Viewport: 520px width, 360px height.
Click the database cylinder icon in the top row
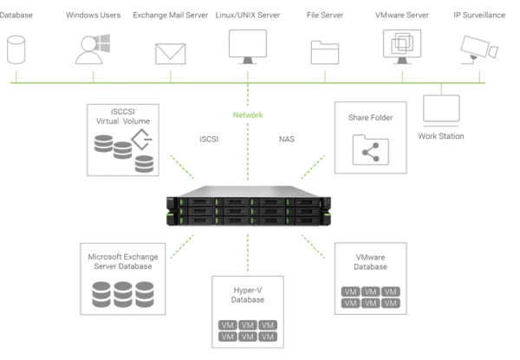point(15,49)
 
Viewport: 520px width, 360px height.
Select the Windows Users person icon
point(91,49)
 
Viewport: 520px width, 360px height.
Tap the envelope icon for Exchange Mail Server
point(171,54)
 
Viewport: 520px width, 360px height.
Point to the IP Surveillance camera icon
point(476,48)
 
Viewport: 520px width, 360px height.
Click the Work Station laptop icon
point(440,112)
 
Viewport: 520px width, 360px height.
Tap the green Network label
point(247,115)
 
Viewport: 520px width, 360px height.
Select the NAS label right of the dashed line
point(286,138)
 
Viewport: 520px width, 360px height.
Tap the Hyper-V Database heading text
point(248,294)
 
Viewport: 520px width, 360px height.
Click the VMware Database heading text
point(371,261)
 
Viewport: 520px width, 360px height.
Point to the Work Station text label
point(441,136)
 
